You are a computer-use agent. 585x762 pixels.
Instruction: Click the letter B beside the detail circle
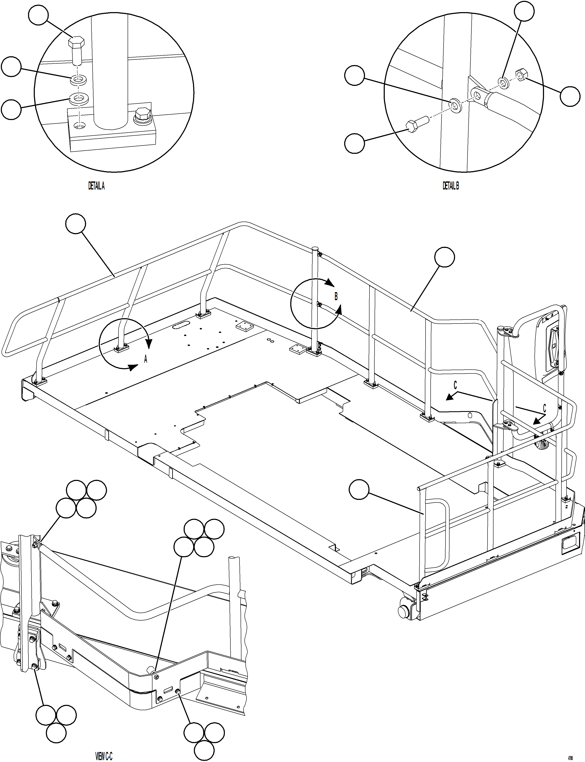click(x=336, y=296)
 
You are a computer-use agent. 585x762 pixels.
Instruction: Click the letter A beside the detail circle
click(x=145, y=359)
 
